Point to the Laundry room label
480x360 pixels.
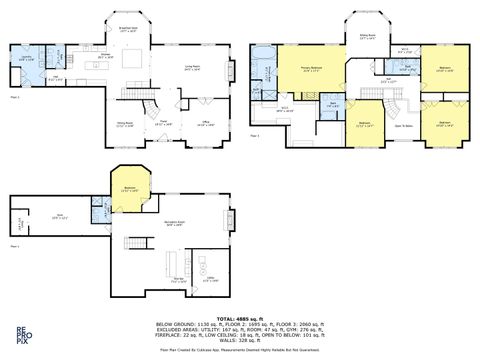pos(28,58)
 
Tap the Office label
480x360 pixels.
pos(206,123)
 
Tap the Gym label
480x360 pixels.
pos(58,215)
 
